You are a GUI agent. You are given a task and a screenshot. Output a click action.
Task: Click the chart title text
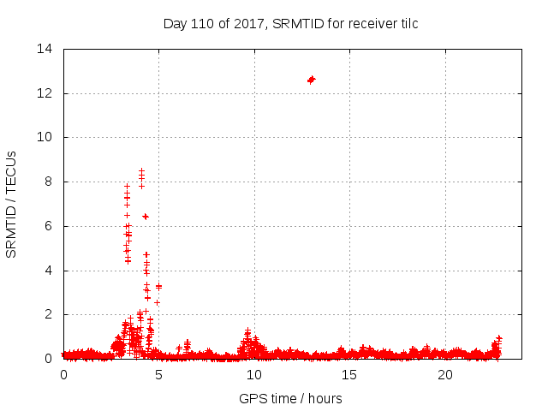coord(290,23)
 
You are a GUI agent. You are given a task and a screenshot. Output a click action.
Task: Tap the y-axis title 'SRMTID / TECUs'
coord(11,204)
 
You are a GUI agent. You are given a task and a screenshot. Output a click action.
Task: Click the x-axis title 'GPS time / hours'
coord(290,398)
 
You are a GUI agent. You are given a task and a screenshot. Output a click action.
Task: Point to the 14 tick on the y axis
coord(45,49)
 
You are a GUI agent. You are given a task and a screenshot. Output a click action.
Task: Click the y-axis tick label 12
coord(45,93)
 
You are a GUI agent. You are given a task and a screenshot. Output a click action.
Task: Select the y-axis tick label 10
coord(45,137)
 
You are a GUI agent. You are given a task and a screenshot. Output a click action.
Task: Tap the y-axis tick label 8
coord(48,182)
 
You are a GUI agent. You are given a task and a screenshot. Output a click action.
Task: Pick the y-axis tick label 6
coord(48,226)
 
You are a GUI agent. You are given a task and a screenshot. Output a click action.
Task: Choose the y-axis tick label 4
coord(48,271)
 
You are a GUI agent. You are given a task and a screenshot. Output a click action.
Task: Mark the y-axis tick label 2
coord(48,314)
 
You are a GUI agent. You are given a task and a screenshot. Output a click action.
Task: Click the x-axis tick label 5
coord(158,375)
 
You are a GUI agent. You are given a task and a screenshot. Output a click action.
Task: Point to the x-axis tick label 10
coord(254,375)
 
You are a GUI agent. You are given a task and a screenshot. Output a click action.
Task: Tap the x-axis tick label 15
coord(349,375)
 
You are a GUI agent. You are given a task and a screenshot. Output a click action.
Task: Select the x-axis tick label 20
coord(445,375)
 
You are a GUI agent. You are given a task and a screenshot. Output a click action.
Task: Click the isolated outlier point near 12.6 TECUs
coord(311,80)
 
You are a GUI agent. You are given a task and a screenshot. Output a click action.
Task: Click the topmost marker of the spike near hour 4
coord(141,171)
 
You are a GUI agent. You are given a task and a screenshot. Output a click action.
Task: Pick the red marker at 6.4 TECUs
coord(146,217)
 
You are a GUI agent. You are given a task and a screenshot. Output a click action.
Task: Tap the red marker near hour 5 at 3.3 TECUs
coord(158,286)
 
